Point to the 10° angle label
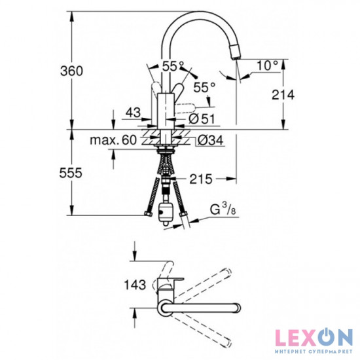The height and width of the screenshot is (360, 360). [x=268, y=65]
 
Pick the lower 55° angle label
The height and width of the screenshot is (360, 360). [x=204, y=86]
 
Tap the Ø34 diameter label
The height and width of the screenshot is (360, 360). [x=208, y=140]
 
